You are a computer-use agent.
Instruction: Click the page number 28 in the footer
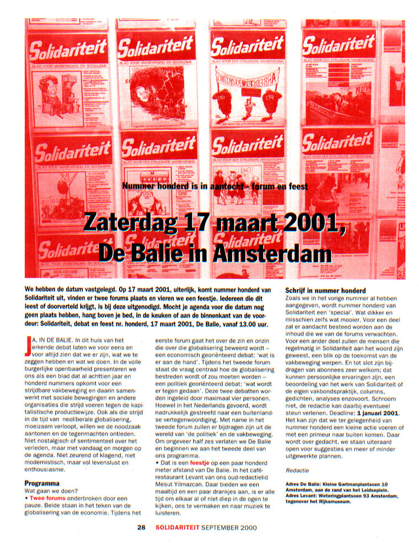coord(141,528)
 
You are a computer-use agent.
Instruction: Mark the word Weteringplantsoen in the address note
coord(349,496)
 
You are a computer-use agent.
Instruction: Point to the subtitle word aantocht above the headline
coord(224,187)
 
